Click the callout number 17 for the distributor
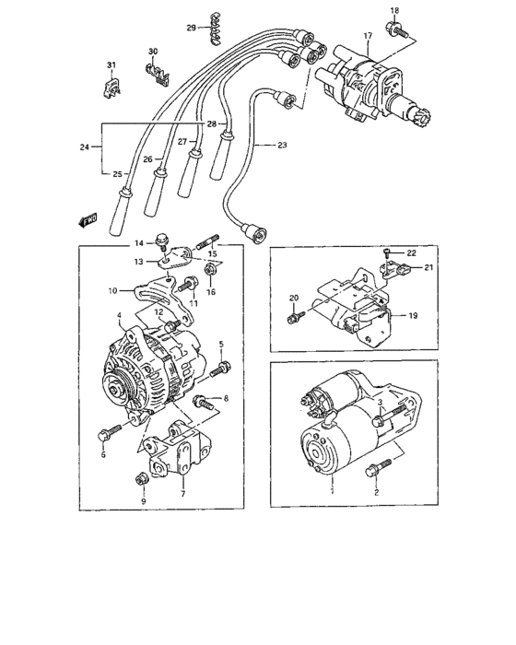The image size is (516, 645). [367, 37]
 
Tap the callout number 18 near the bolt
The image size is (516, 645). [394, 10]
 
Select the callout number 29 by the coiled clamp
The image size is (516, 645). [192, 29]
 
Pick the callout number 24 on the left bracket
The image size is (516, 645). [86, 145]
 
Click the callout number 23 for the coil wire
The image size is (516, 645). [282, 145]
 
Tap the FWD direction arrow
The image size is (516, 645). [88, 220]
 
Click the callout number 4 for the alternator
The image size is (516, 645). [120, 316]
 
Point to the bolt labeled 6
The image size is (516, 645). [109, 433]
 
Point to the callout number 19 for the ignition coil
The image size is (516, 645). [413, 315]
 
